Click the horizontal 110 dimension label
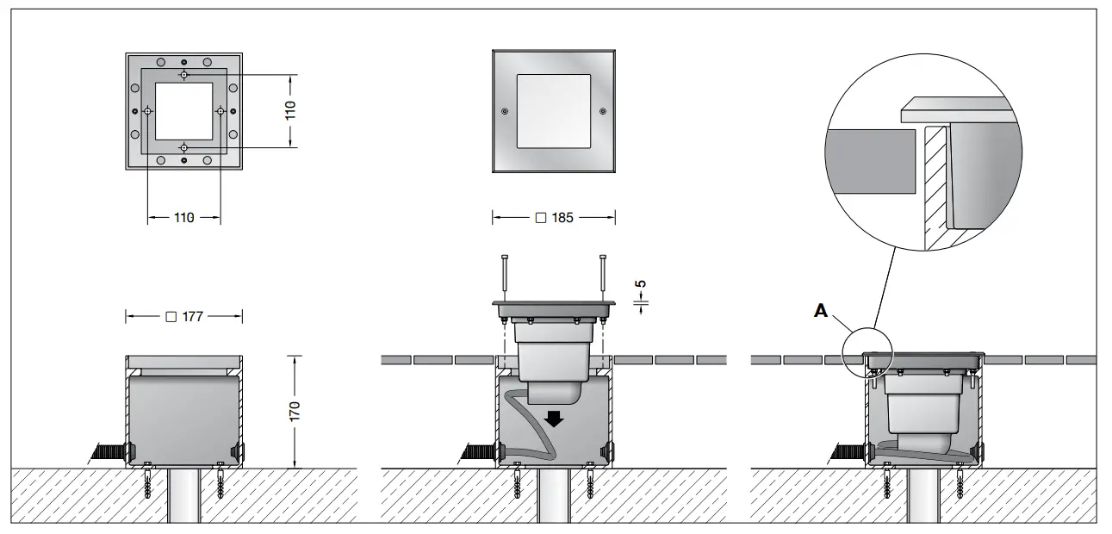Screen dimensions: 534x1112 [x=183, y=218]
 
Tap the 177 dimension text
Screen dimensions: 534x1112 [x=183, y=316]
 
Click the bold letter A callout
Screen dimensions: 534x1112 [x=822, y=311]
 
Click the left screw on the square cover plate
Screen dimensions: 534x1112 [x=504, y=111]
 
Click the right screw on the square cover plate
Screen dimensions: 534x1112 [x=602, y=111]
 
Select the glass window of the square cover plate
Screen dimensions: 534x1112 [x=553, y=111]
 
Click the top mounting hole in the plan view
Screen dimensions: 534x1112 [x=183, y=75]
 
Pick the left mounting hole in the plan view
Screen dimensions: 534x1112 [x=148, y=111]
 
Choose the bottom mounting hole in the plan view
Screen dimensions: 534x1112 [x=183, y=147]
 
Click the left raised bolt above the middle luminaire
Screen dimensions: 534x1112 [x=504, y=277]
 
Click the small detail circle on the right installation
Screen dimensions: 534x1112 [x=868, y=355]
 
